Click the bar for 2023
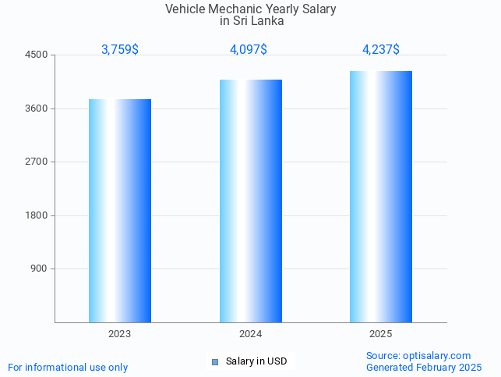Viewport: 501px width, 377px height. coord(120,211)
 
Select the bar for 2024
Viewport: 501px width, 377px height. coord(251,201)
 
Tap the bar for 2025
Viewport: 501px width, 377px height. coord(381,197)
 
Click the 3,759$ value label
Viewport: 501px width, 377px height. coord(120,50)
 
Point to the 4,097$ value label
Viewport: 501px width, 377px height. coord(249,50)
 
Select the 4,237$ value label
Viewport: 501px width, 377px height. coord(381,50)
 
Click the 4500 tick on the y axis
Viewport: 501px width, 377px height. coord(37,55)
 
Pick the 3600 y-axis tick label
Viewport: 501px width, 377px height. coord(37,108)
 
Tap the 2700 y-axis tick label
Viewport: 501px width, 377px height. coord(37,162)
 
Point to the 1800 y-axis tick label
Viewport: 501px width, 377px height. coord(37,215)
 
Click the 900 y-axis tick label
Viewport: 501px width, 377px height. coord(39,269)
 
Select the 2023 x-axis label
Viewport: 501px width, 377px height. coord(120,334)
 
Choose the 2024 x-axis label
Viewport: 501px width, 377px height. coord(251,334)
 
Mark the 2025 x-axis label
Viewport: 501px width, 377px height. coord(381,334)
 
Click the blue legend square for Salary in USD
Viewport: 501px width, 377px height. coord(215,362)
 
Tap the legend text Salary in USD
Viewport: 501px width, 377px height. coord(256,361)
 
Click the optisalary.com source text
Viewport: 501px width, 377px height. coord(418,356)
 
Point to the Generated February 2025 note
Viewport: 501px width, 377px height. coord(424,368)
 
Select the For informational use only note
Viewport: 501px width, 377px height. coord(68,368)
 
